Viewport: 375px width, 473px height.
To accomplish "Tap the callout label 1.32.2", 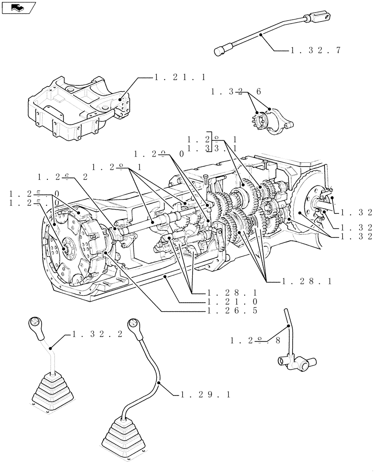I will tap(98, 334).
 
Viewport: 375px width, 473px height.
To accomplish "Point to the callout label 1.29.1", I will tap(206, 394).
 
